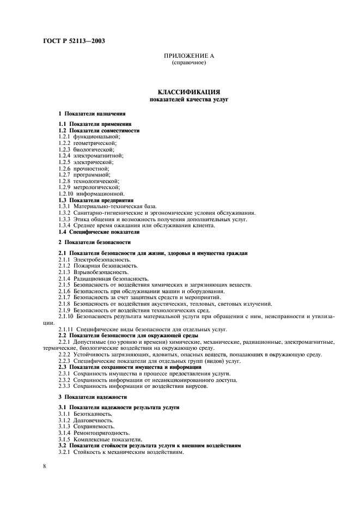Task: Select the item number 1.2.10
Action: click(65, 193)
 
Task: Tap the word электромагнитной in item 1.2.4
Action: click(99, 155)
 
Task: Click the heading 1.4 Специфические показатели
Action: click(97, 232)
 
